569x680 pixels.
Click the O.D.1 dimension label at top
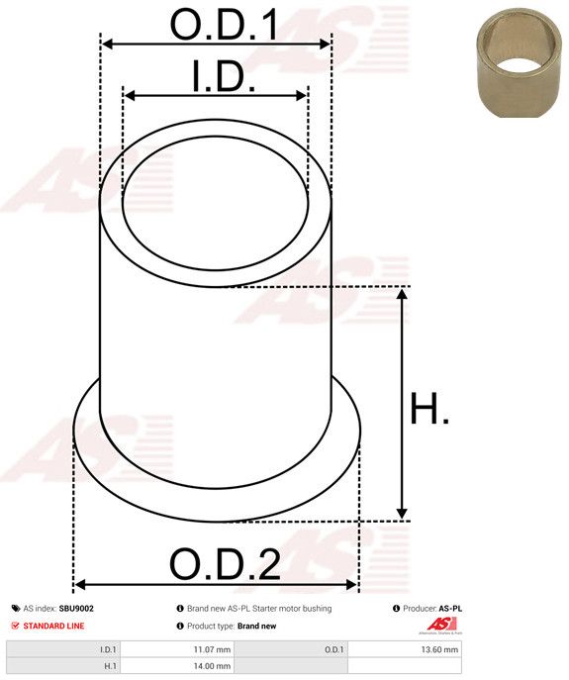pyautogui.click(x=225, y=24)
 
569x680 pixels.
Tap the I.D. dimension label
pyautogui.click(x=224, y=76)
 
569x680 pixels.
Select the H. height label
pyautogui.click(x=429, y=408)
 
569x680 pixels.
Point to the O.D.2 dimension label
pyautogui.click(x=225, y=564)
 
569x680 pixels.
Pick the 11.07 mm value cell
pyautogui.click(x=176, y=649)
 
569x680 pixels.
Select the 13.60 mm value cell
pyautogui.click(x=405, y=649)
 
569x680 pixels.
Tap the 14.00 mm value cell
pyautogui.click(x=176, y=666)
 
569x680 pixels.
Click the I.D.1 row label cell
pyautogui.click(x=63, y=649)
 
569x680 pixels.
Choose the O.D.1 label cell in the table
pyautogui.click(x=291, y=649)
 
